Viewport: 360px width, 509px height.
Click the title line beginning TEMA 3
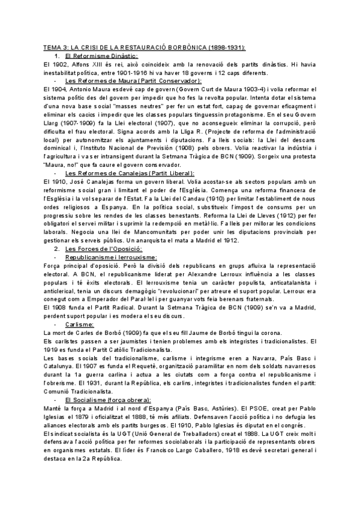pos(144,47)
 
